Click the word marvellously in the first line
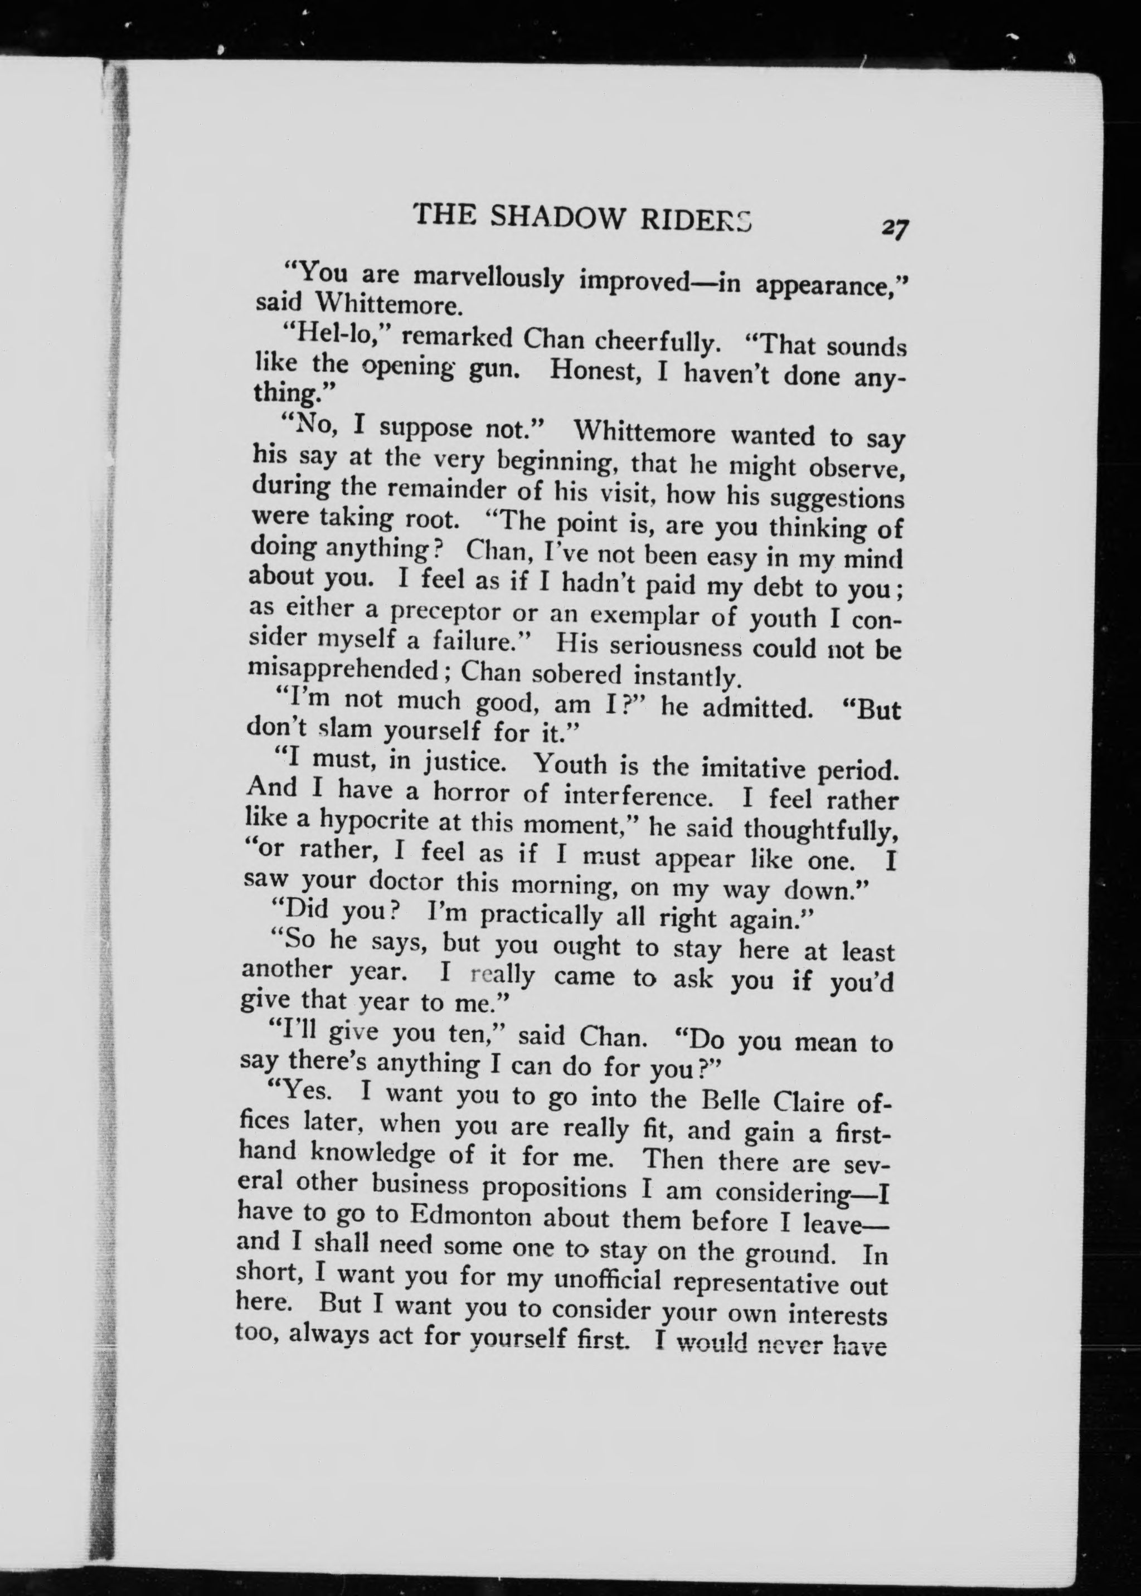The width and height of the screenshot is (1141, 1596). pyautogui.click(x=488, y=278)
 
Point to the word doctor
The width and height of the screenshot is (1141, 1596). pyautogui.click(x=406, y=881)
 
